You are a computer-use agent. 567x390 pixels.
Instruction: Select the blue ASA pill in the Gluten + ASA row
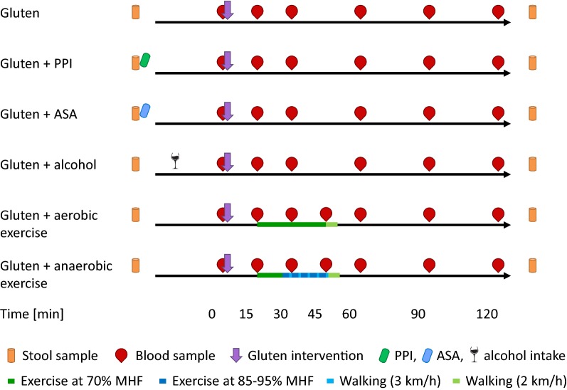click(145, 110)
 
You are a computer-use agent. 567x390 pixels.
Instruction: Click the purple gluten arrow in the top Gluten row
click(228, 10)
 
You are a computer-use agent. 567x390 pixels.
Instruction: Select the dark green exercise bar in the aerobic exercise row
click(291, 224)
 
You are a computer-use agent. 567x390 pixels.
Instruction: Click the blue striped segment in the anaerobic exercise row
click(305, 275)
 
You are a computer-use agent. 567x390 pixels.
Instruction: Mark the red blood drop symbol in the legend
click(122, 354)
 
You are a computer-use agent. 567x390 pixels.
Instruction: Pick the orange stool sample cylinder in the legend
click(10, 354)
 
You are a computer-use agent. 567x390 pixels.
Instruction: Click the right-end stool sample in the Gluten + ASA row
click(533, 113)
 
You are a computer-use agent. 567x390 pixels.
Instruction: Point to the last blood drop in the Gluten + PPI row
click(498, 63)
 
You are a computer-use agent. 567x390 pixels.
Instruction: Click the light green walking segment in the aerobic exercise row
click(332, 224)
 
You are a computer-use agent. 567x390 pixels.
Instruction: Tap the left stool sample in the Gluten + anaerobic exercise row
click(135, 265)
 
